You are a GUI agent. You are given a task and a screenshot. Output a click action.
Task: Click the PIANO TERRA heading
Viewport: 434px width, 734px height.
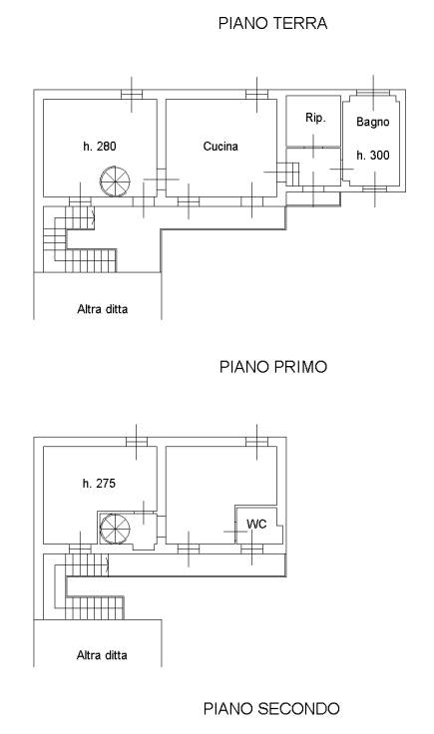click(272, 23)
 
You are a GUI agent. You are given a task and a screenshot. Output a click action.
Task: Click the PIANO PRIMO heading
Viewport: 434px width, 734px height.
click(273, 367)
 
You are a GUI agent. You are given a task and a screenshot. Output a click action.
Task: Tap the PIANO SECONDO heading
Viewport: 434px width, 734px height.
click(271, 708)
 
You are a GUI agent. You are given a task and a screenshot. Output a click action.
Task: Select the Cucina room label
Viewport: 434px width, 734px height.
click(220, 147)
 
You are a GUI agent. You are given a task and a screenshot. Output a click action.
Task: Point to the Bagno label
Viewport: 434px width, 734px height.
click(373, 123)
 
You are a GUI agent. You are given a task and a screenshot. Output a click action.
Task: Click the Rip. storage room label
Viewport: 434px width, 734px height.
click(315, 118)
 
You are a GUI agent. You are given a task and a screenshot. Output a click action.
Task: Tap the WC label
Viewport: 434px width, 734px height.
click(256, 524)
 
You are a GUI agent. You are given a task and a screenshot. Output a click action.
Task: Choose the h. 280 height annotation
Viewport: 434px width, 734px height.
click(99, 147)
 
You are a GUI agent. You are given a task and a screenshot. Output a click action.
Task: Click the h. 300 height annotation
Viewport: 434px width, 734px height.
click(373, 155)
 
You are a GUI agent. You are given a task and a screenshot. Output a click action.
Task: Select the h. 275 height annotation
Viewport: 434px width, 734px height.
click(99, 484)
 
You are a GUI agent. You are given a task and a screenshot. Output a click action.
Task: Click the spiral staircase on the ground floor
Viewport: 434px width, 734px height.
click(115, 182)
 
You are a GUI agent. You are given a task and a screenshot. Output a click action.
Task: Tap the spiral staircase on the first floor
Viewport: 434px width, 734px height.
click(115, 529)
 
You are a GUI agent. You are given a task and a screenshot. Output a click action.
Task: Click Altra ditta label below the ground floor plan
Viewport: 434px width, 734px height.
click(103, 309)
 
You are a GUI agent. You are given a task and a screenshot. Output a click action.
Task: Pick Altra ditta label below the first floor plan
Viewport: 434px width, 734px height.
click(102, 655)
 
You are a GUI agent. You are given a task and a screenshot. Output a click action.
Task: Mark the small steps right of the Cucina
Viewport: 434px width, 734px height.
click(288, 174)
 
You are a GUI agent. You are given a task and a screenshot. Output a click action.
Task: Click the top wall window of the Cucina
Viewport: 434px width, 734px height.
click(257, 94)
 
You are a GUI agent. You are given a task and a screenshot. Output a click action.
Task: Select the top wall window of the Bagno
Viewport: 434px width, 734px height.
click(373, 93)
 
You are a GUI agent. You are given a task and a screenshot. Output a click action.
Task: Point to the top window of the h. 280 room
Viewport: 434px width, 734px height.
click(132, 94)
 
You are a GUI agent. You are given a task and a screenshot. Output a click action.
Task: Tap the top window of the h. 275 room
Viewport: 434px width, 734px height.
click(137, 442)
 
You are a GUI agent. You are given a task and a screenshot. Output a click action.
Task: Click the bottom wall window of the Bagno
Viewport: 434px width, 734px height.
click(375, 189)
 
